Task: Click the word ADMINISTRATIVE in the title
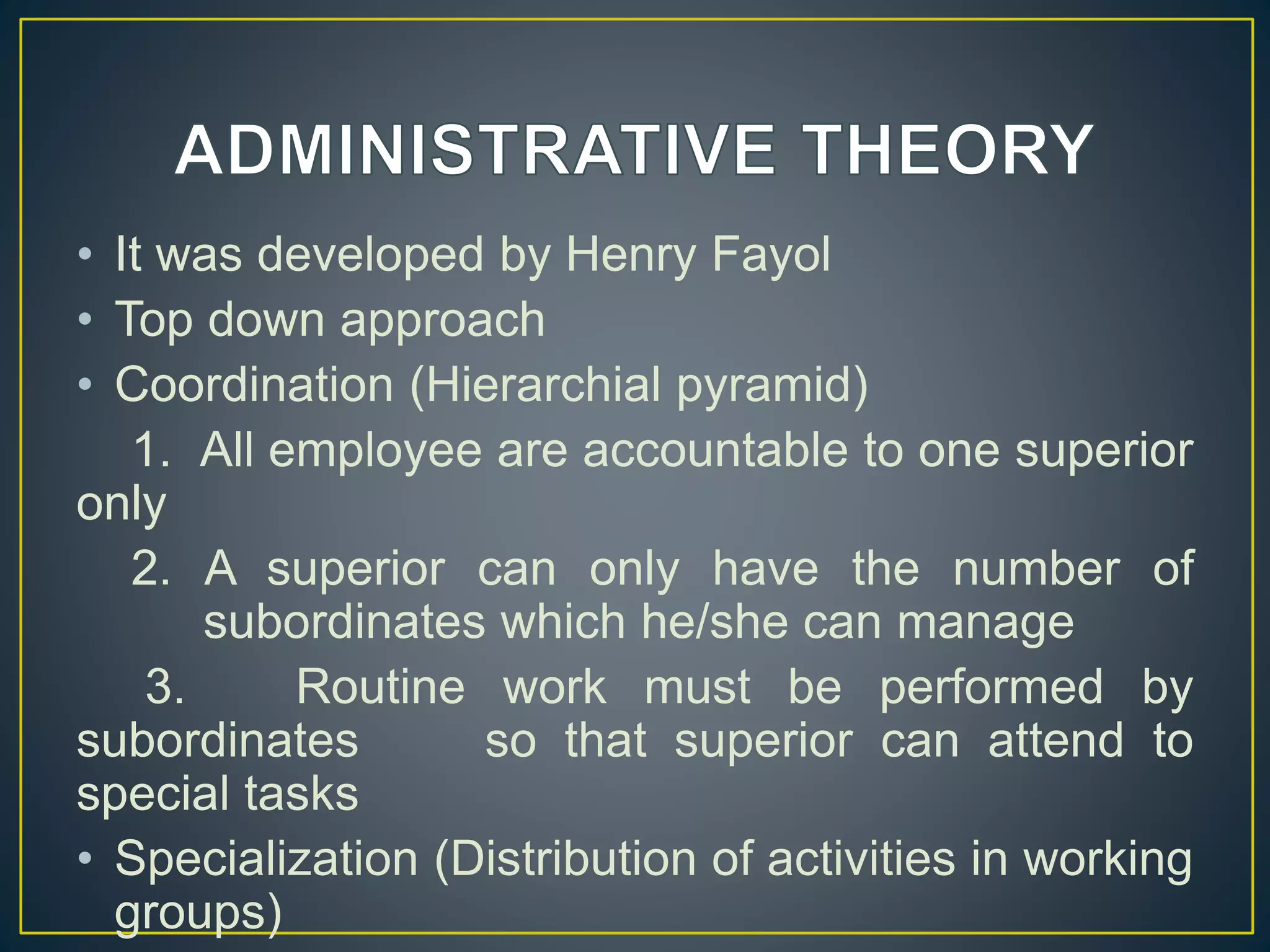pyautogui.click(x=475, y=151)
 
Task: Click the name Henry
pyautogui.click(x=631, y=255)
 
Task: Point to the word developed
pyautogui.click(x=370, y=255)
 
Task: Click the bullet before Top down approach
pyautogui.click(x=86, y=320)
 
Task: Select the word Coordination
pyautogui.click(x=254, y=385)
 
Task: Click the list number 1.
pyautogui.click(x=151, y=450)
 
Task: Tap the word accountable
pyautogui.click(x=715, y=450)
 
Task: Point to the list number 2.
pyautogui.click(x=150, y=568)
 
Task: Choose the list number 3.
pyautogui.click(x=164, y=687)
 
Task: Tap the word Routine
pyautogui.click(x=381, y=687)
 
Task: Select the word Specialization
pyautogui.click(x=267, y=860)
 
